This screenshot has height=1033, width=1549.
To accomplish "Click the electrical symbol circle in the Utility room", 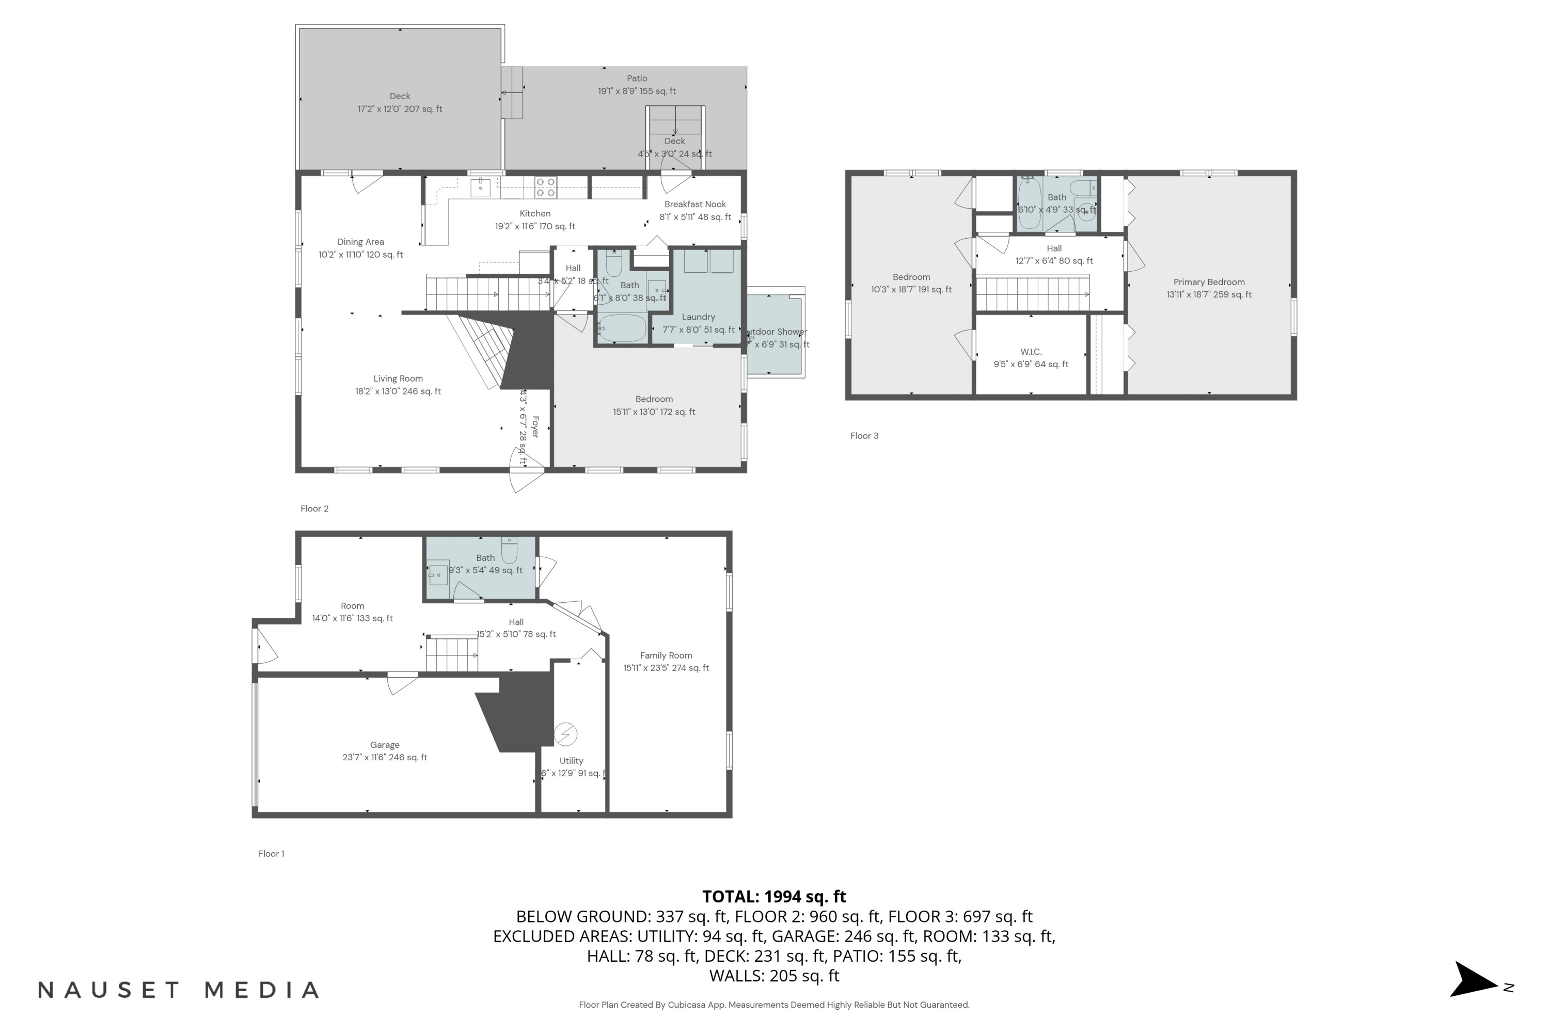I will [x=565, y=733].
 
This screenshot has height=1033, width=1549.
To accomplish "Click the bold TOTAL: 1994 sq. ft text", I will [x=774, y=897].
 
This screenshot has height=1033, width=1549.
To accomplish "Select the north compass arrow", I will [x=1475, y=980].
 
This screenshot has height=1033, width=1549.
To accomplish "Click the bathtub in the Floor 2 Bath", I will [x=622, y=327].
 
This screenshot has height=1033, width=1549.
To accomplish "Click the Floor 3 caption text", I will [x=864, y=435].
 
